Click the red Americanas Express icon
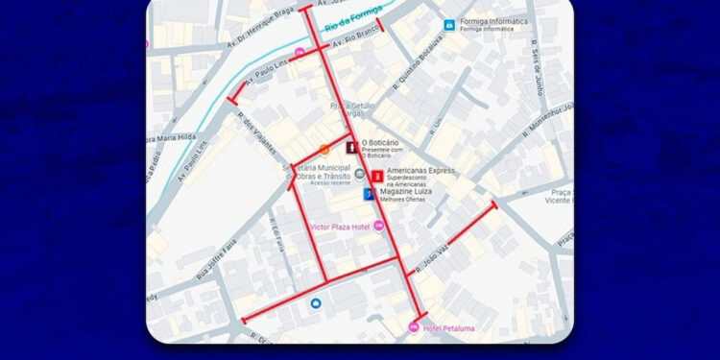[x=377, y=176]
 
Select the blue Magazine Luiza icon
[x=369, y=194]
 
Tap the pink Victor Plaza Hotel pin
[x=378, y=226]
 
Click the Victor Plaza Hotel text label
[x=341, y=227]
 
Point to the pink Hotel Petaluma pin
[x=414, y=328]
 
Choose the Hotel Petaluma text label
[x=448, y=328]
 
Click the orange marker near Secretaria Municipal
[x=324, y=149]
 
